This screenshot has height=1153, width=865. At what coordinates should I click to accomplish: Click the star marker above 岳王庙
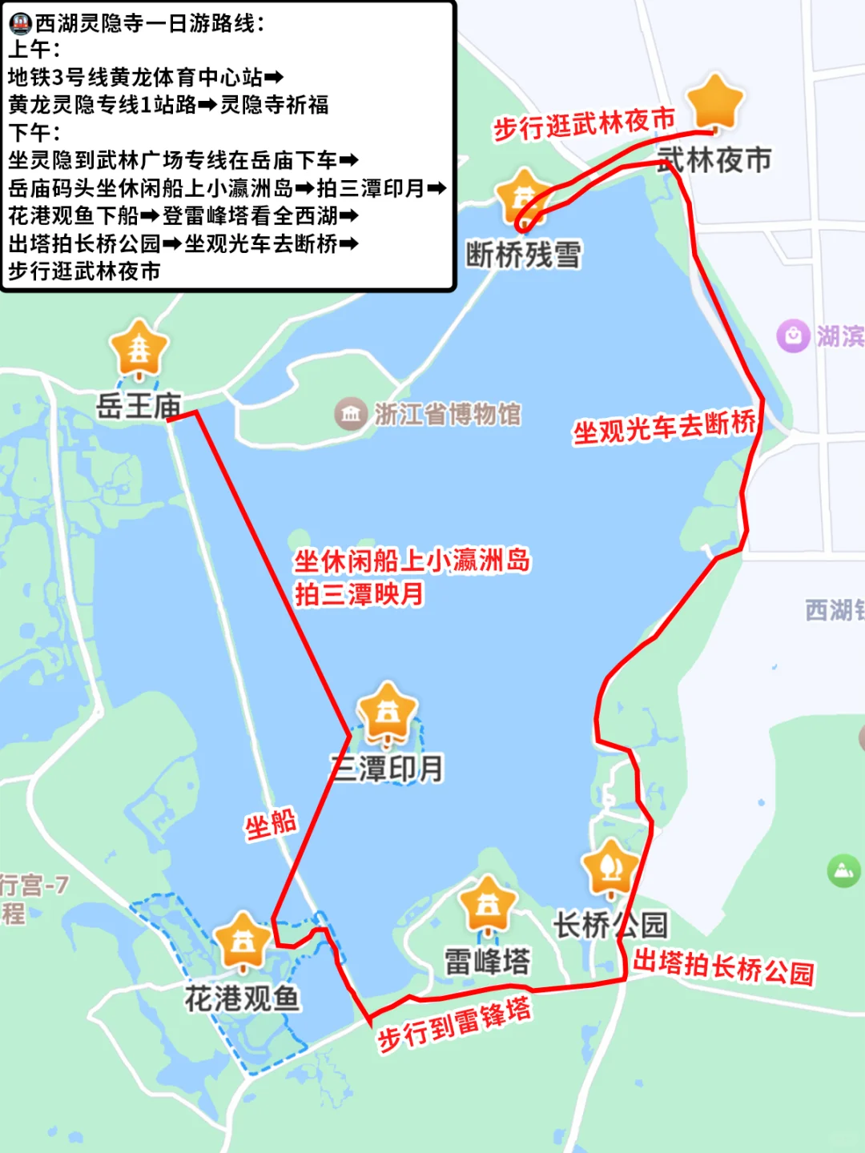pos(139,349)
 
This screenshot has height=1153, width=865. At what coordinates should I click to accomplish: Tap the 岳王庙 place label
pos(139,406)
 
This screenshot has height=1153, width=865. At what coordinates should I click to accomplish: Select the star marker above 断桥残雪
pos(523,197)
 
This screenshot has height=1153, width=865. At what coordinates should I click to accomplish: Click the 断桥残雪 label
pos(524,255)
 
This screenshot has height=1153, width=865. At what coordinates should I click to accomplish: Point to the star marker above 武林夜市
pos(715,102)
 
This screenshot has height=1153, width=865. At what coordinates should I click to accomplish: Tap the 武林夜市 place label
pos(714,160)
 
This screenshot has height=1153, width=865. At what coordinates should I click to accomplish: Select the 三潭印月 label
pos(388,769)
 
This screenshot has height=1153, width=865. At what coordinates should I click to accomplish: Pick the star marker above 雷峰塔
pos(487,904)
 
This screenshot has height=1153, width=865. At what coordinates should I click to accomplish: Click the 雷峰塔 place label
pos(487,962)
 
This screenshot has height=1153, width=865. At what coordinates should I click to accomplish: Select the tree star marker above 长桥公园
pos(610,866)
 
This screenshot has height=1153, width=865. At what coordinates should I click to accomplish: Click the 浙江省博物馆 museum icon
pos(350,414)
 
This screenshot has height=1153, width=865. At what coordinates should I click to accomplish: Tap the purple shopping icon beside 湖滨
pos(793,335)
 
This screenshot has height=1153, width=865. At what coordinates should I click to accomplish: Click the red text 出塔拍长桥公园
pos(723,966)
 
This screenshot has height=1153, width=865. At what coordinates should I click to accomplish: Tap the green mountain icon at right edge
pos(843,870)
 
